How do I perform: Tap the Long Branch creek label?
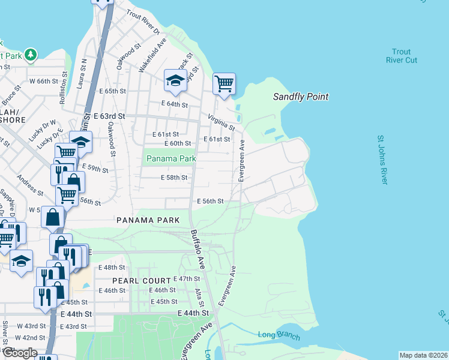click(x=279, y=335)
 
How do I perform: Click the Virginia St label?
click(x=221, y=122)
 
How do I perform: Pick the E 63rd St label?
click(x=109, y=115)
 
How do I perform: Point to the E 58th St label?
click(x=175, y=178)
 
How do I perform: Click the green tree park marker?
click(x=30, y=55)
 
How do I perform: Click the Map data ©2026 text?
click(x=423, y=355)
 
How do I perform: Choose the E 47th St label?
click(x=186, y=279)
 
